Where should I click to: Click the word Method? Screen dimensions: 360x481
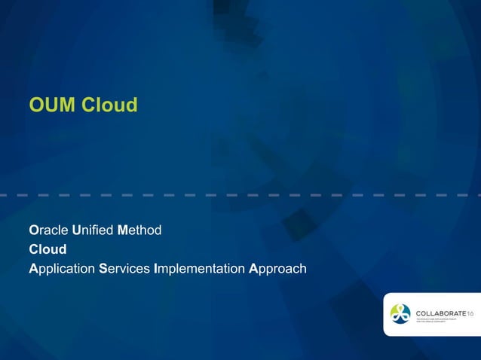(139, 230)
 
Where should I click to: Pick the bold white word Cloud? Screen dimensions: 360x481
(47, 249)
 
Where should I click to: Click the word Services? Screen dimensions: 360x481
(124, 268)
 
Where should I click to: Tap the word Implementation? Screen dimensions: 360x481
(199, 268)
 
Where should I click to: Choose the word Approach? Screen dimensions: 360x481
(277, 268)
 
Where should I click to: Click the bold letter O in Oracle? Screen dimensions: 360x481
(33, 230)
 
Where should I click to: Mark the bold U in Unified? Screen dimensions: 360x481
(76, 230)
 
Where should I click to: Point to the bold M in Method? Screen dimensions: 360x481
(123, 230)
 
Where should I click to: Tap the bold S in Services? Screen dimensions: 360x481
(103, 268)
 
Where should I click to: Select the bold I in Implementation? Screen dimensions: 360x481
(155, 268)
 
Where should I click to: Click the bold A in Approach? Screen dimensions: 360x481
(253, 268)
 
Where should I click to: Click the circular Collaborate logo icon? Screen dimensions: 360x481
(400, 314)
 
